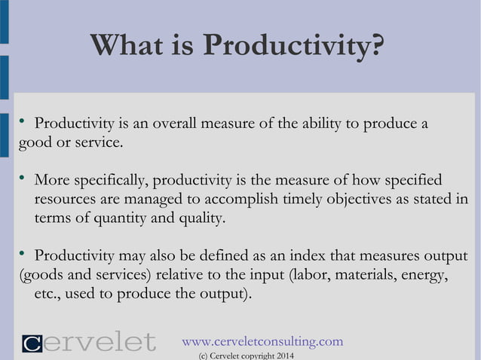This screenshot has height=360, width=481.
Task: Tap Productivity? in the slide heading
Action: coord(293,47)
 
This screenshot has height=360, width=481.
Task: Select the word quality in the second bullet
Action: coord(199,219)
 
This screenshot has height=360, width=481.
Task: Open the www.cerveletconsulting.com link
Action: coord(262,341)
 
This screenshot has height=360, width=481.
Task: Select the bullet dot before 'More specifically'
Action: coord(23,178)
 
